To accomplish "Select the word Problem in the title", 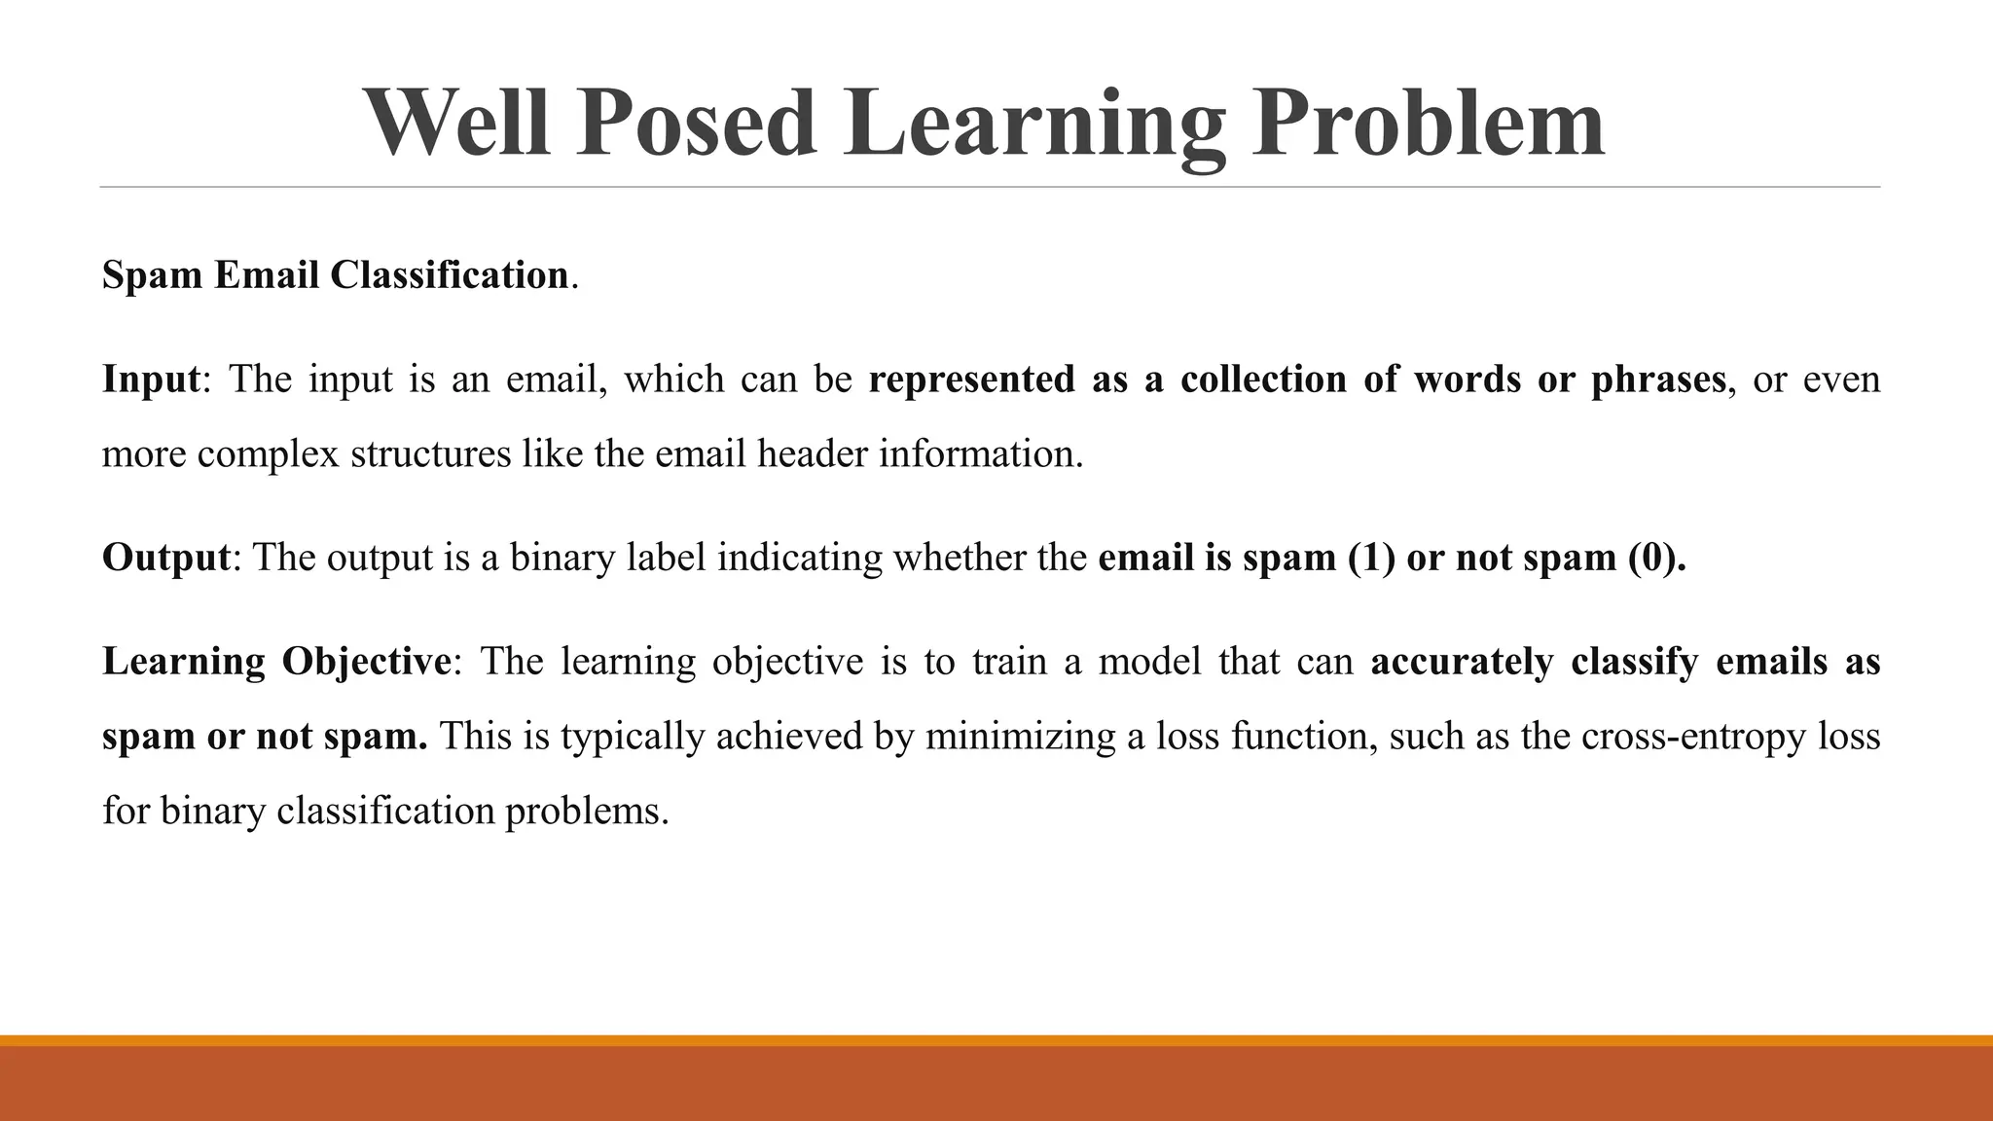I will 1427,124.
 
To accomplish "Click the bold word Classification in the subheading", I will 449,275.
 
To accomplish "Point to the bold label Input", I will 151,379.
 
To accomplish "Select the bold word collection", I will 1263,379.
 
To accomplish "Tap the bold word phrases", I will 1658,379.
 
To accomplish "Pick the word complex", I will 268,453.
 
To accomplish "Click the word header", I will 812,453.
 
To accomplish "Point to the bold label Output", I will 165,558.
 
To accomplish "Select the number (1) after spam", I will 1371,558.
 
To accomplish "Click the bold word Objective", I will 366,662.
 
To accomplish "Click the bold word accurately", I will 1462,662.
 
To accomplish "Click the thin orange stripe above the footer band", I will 996,1040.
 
